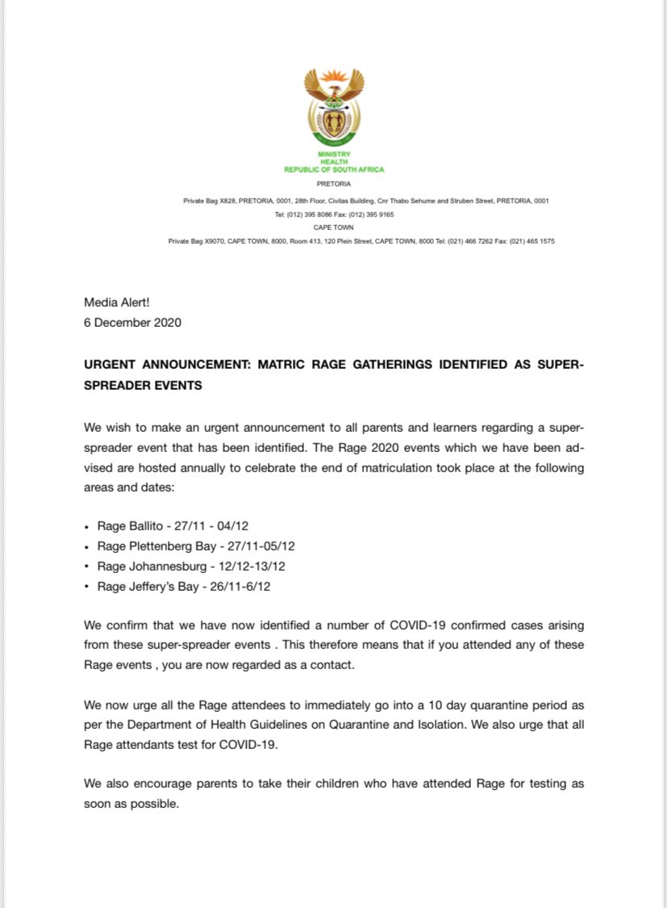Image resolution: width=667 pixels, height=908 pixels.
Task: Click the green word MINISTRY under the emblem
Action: pos(334,153)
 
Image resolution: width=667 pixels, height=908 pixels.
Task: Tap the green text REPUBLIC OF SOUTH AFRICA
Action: pos(334,169)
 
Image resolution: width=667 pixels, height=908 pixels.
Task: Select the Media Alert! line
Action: pos(117,303)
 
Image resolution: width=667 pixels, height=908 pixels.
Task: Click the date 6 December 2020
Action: pos(132,322)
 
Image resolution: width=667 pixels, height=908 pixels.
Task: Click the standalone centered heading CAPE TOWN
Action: pos(334,228)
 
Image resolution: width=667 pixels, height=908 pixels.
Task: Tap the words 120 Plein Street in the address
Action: pos(328,241)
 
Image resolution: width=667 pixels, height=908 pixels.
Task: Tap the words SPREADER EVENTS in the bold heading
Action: pos(144,385)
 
